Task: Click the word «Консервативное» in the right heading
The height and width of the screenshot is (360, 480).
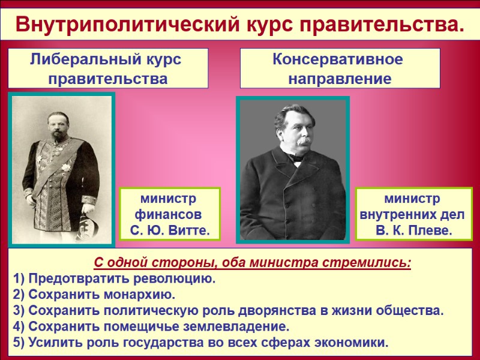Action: click(x=338, y=60)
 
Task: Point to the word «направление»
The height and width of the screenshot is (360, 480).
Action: click(x=340, y=79)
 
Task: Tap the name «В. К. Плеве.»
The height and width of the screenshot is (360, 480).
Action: click(x=414, y=230)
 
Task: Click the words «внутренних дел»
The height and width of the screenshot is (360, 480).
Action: click(x=414, y=214)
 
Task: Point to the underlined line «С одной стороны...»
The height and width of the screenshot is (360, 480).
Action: click(x=253, y=263)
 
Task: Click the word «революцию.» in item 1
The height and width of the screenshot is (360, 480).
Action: click(x=175, y=280)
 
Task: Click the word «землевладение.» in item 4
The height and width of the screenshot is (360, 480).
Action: click(x=243, y=327)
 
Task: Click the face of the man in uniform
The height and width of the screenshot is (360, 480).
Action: click(x=59, y=120)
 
